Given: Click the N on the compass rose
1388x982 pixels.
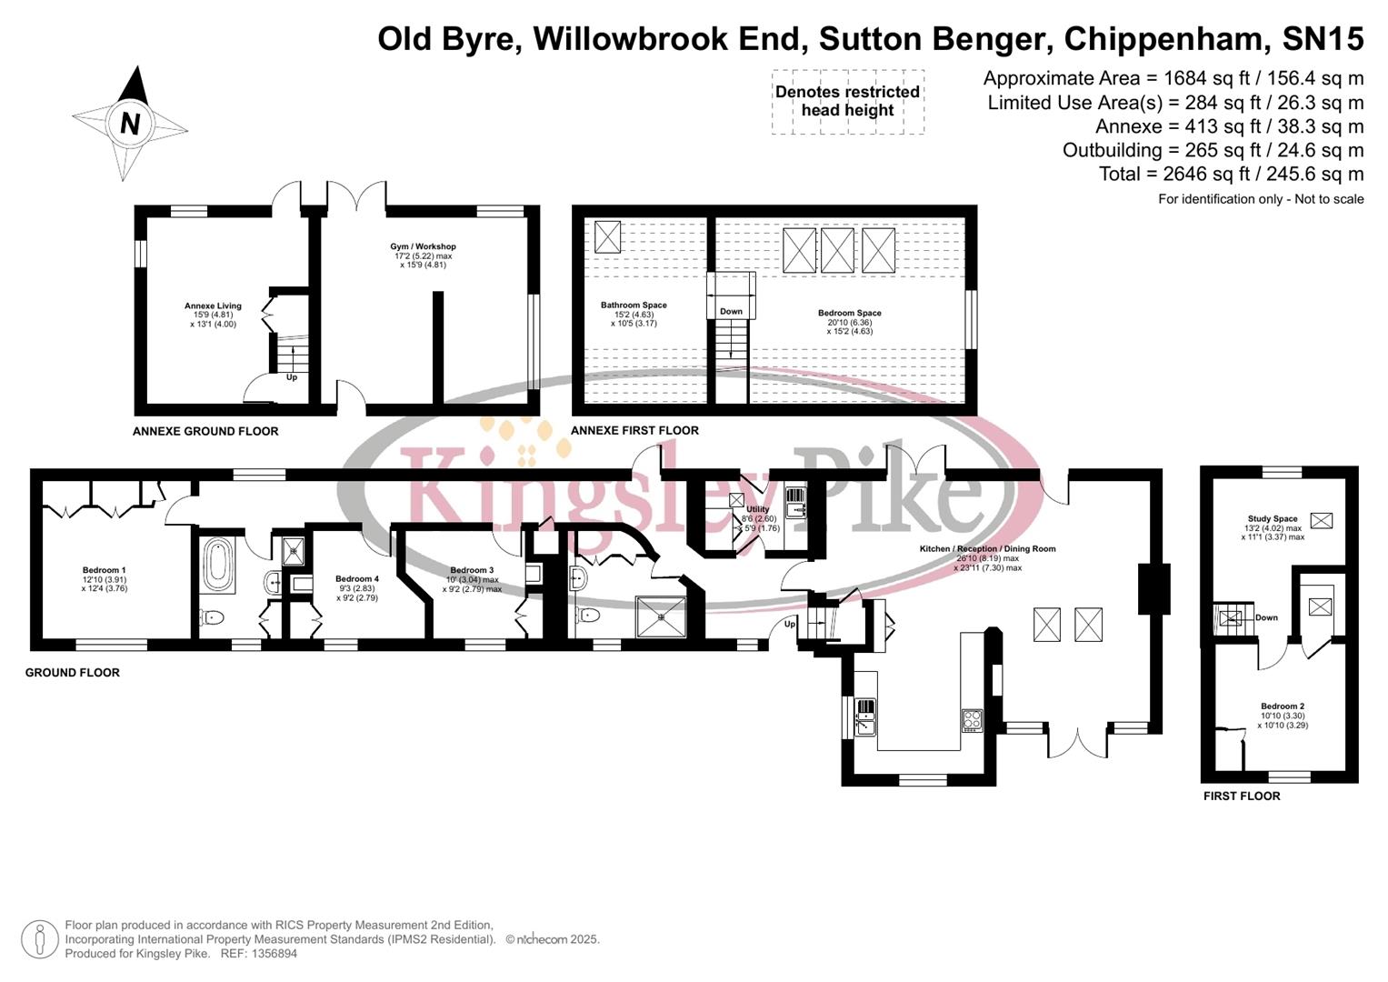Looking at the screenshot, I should point(130,122).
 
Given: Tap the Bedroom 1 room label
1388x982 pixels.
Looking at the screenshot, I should point(104,570).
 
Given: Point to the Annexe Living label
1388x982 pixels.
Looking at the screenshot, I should point(213,306).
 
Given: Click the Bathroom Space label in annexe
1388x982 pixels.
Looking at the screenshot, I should point(634,306).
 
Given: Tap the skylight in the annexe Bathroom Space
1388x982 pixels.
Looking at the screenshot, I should point(606,236).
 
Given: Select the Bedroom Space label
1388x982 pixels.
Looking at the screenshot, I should point(849,314).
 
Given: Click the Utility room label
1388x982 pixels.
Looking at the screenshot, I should point(757,510).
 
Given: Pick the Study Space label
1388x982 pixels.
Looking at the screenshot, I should point(1272,519).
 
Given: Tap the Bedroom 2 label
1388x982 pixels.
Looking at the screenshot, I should point(1282,706).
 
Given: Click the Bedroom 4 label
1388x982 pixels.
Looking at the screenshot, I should point(356,579).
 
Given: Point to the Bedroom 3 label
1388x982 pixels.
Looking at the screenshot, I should point(472,571).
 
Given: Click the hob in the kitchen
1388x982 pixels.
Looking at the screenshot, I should point(972,720).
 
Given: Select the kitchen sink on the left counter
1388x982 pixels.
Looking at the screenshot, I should point(864,716).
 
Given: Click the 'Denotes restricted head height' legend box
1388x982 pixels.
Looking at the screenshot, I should point(847,102).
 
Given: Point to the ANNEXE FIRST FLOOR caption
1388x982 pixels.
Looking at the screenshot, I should point(634,431).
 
